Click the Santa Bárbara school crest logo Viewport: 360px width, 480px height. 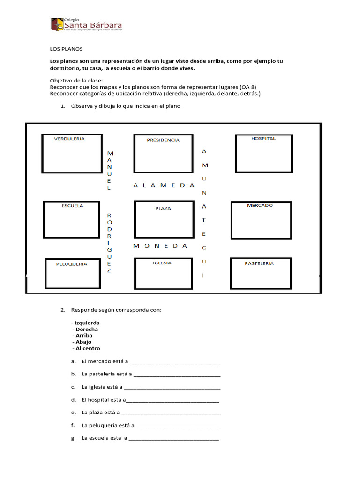[x=57, y=24]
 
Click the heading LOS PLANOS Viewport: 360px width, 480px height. [x=66, y=48]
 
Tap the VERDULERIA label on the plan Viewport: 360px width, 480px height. [x=70, y=139]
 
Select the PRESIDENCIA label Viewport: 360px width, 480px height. [x=163, y=140]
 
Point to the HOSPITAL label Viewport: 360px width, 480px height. [x=263, y=139]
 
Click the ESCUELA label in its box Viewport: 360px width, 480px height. [x=72, y=205]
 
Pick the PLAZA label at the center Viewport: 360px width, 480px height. [x=163, y=208]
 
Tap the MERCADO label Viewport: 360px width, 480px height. [x=260, y=205]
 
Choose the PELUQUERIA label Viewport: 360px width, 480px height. [x=72, y=264]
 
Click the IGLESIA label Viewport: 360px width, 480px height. [x=162, y=263]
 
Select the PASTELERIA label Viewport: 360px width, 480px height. [x=259, y=263]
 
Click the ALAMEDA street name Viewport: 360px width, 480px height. [x=164, y=185]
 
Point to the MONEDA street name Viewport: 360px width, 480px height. [x=160, y=246]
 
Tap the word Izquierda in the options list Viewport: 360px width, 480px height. [x=87, y=322]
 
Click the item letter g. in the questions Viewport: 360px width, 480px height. [x=74, y=439]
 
